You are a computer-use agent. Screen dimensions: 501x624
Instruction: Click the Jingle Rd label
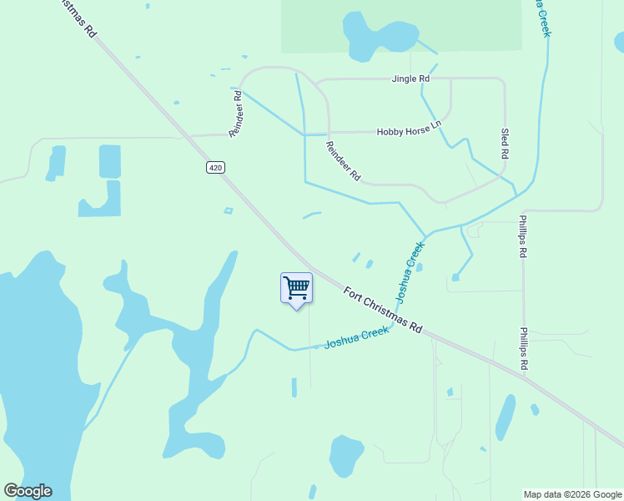pos(410,78)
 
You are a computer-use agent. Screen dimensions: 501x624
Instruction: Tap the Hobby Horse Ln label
pos(408,131)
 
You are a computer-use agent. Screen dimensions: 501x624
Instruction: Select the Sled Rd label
pos(505,144)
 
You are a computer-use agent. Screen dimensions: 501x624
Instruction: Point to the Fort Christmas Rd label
pos(383,309)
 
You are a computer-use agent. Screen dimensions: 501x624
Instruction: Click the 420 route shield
pos(215,168)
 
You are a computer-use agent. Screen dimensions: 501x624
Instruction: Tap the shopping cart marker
pos(296,289)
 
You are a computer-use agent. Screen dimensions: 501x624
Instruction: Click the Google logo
pos(28,491)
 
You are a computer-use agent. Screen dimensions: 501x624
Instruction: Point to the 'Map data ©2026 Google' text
pos(572,494)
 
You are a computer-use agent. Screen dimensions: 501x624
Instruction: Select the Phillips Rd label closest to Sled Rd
pos(523,238)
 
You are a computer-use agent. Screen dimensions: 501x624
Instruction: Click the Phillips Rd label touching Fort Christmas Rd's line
pos(525,348)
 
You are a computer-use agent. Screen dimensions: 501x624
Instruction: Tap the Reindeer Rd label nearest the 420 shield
pos(236,114)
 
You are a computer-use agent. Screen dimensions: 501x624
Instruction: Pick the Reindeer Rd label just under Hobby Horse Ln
pos(343,161)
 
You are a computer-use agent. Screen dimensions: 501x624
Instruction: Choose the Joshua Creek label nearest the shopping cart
pos(357,337)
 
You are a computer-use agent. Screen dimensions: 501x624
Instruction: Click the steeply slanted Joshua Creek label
pos(410,271)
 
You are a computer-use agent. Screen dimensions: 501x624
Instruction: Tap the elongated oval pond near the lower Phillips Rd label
pos(505,417)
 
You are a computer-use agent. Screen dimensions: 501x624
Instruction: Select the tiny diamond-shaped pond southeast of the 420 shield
pos(228,210)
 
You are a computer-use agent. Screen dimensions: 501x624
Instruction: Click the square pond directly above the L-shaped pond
pos(109,161)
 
